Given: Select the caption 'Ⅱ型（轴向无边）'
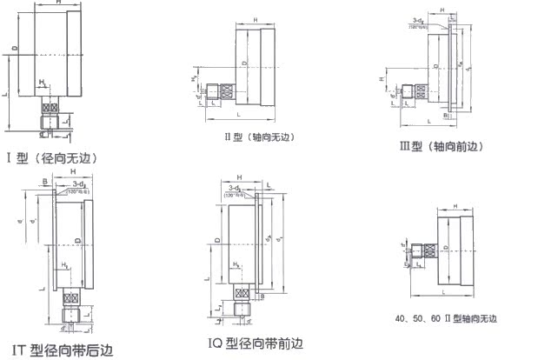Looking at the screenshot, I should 261,137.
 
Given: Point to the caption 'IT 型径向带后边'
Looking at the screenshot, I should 57,350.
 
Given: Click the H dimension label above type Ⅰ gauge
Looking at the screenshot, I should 56,4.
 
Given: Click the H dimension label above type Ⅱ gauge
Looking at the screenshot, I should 255,19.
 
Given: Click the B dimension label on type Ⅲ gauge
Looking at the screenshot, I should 444,114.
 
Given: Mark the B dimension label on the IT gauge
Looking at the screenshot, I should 44,182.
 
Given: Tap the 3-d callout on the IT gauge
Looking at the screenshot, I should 78,185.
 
